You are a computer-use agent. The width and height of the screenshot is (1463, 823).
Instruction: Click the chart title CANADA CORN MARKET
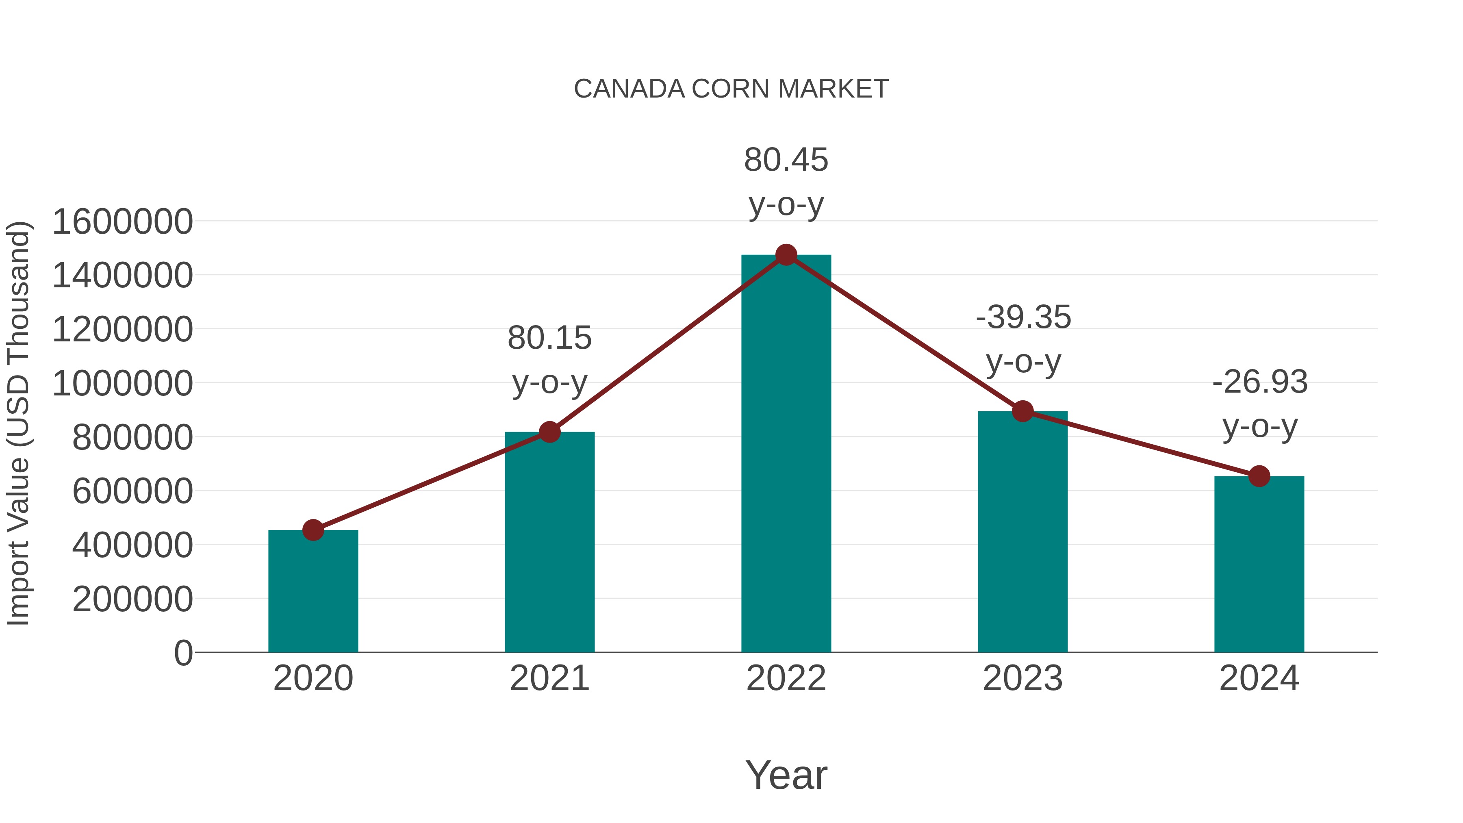[x=731, y=89]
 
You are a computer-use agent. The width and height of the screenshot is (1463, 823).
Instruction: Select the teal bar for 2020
[x=313, y=591]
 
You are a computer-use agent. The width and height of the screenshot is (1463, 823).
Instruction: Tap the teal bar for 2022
[x=786, y=454]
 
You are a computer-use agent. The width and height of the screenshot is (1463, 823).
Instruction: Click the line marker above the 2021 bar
[x=549, y=432]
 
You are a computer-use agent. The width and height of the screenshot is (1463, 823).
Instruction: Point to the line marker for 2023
[x=1022, y=411]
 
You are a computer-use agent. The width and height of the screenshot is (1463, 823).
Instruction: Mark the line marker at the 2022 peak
[x=786, y=255]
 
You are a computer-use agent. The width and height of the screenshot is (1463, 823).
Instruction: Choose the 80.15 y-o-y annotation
[x=549, y=360]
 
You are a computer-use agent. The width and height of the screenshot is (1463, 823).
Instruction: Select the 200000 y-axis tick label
[x=133, y=599]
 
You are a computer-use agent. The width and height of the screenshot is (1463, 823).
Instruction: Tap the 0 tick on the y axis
[x=183, y=653]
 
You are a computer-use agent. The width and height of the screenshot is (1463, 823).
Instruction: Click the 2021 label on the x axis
[x=549, y=678]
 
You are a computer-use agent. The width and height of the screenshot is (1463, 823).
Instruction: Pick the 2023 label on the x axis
[x=1022, y=678]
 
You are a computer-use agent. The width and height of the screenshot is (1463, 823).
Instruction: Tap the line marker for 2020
[x=313, y=530]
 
